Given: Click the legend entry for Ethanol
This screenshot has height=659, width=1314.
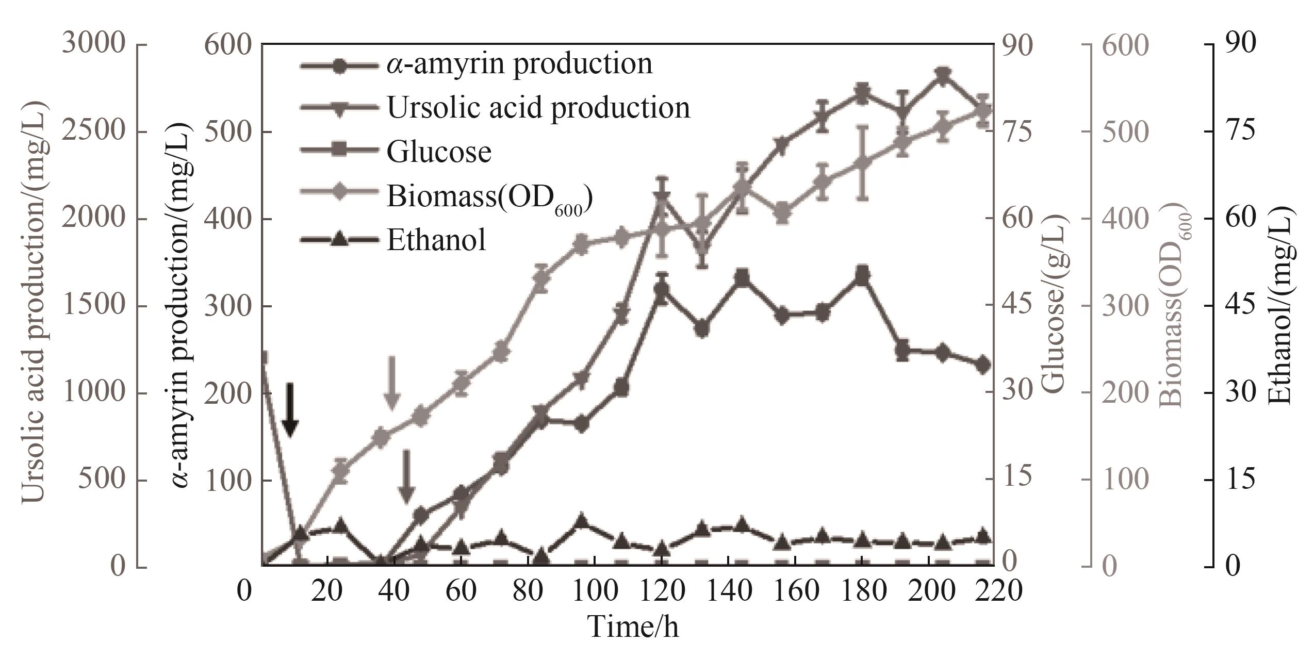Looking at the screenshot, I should tap(436, 240).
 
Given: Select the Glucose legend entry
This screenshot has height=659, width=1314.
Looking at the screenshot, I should tap(438, 152).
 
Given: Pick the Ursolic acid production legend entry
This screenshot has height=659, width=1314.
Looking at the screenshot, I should tap(538, 108).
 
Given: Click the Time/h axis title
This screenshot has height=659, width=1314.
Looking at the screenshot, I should tap(633, 626).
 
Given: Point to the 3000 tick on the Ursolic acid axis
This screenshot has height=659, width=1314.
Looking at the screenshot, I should tap(93, 44).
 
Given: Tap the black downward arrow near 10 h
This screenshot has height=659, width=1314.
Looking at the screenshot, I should tap(290, 410).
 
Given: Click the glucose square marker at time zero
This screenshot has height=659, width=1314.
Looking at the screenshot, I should tap(262, 358).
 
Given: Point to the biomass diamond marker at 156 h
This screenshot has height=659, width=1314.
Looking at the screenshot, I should tap(782, 212).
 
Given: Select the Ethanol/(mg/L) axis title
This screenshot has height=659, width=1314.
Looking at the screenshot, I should tap(1284, 305).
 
